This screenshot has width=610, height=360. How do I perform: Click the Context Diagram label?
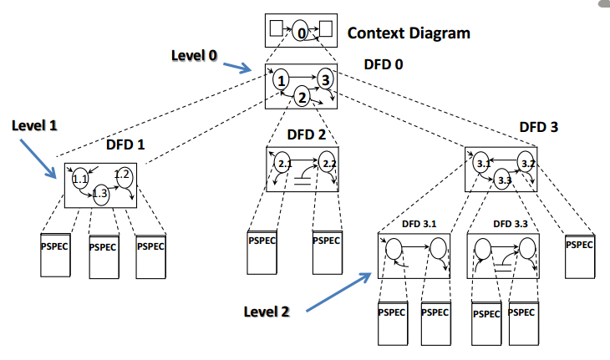tap(409, 33)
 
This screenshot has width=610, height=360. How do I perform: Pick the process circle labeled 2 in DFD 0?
tap(302, 98)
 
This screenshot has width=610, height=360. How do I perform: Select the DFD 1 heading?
tap(126, 144)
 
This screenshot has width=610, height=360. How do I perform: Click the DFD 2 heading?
tap(307, 134)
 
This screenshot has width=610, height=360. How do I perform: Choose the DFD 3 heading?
tap(538, 127)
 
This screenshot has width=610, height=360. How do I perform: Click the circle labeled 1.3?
tap(100, 193)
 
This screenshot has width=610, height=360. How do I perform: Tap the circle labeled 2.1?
tap(284, 164)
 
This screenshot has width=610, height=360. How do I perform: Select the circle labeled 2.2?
tap(328, 163)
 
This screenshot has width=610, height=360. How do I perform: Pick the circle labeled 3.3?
tap(503, 180)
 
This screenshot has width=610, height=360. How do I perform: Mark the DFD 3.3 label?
tap(510, 224)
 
